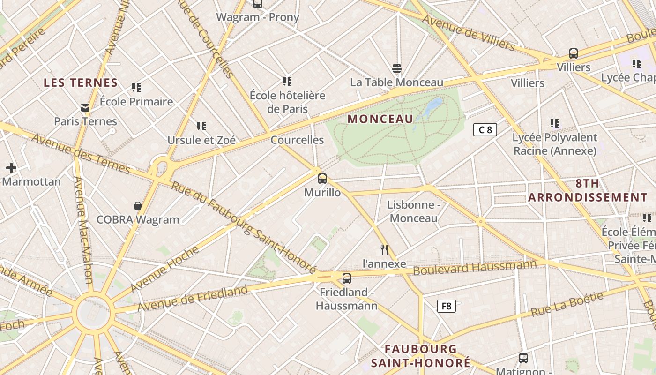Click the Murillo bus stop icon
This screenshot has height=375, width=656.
point(322,178)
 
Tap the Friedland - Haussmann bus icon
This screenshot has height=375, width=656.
point(347,278)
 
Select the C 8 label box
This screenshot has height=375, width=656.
point(485,130)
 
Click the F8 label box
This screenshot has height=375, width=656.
point(447,306)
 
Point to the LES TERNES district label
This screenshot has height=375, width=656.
point(81,83)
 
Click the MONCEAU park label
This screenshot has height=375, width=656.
point(380,119)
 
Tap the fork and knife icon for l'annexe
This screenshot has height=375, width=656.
point(384,249)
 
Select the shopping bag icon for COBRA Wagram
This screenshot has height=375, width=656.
point(138,205)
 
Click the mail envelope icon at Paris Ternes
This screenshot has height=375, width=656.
point(85,108)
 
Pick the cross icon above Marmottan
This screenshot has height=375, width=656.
point(11,168)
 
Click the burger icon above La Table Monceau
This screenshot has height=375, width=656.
point(397,68)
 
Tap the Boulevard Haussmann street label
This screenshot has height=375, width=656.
point(474,268)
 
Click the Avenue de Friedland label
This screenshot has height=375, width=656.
point(192,299)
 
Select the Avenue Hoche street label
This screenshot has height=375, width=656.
point(164,270)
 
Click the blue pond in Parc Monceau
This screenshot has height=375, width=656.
point(433,106)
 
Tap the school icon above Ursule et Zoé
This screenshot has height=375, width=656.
point(201,126)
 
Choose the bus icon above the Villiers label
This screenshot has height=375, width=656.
point(574,53)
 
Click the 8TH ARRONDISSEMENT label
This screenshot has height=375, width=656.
point(588,190)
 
